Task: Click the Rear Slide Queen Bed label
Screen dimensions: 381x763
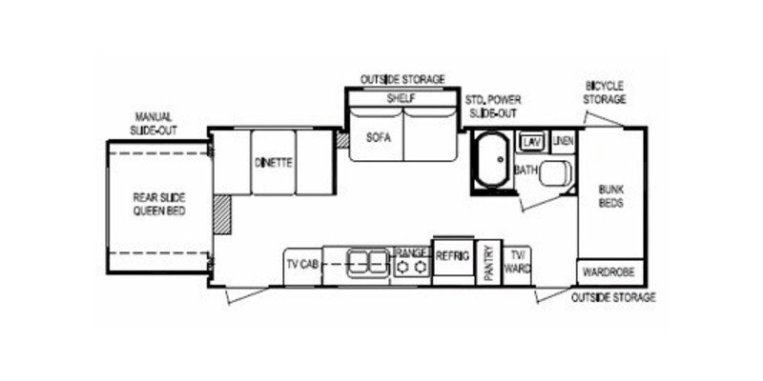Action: pos(158,203)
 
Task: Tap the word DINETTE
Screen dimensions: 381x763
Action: pos(273,162)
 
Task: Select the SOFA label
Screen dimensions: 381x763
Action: pos(379,136)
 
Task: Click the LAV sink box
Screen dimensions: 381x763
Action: pos(532,142)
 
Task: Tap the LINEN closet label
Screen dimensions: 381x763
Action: pos(563,142)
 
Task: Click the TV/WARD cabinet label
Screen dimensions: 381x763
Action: pos(518,260)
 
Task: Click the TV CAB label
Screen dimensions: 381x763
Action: pos(302,263)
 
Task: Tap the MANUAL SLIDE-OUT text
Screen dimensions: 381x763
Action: pos(154,123)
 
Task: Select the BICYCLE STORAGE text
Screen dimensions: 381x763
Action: pos(605,92)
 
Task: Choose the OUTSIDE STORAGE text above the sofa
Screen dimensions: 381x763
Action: pos(402,78)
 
